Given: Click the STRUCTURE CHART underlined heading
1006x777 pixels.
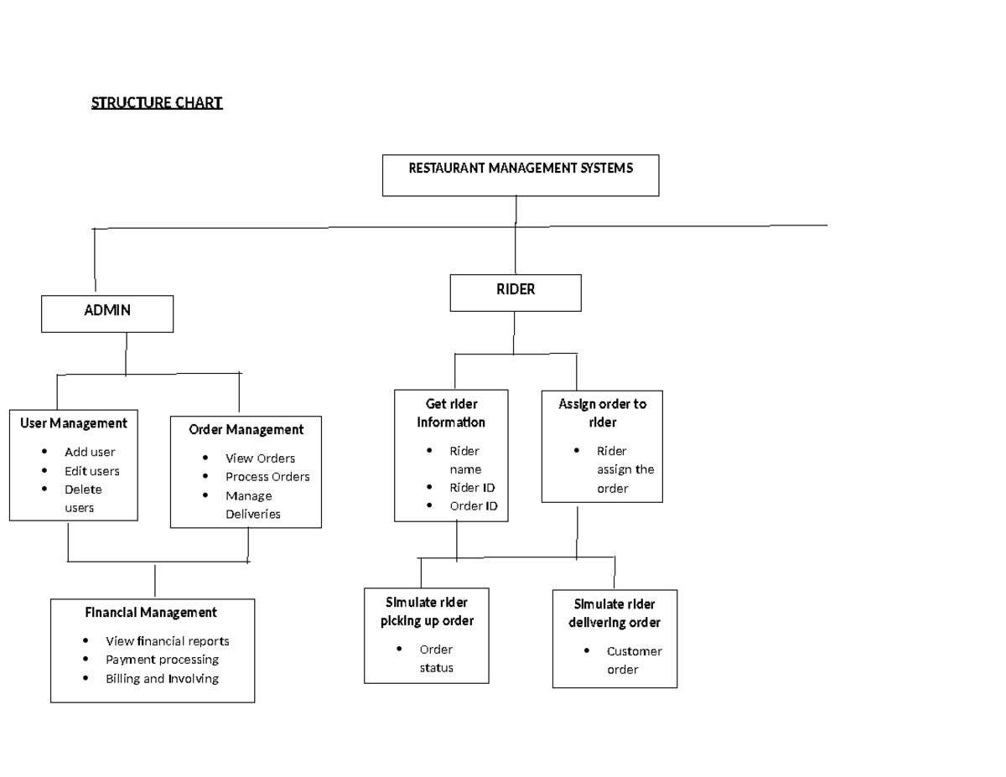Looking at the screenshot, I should [x=157, y=103].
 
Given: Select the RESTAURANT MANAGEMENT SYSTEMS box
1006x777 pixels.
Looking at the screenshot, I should [x=521, y=174].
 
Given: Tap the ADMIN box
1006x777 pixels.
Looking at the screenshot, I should [x=107, y=313].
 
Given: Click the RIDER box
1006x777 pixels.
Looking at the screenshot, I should [x=516, y=292].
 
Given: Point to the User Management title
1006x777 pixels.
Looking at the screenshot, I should [x=74, y=423].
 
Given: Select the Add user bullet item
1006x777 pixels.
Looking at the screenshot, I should [x=90, y=452].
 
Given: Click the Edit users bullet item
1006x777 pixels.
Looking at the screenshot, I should [x=92, y=471].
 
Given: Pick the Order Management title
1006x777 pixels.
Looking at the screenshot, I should [x=246, y=429].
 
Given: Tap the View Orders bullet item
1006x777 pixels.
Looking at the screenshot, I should [x=260, y=458].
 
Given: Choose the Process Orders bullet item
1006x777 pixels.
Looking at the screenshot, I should [x=267, y=476].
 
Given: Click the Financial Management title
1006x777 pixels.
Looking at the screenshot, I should [x=151, y=612].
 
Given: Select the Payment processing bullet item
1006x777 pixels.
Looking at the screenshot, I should [x=162, y=660].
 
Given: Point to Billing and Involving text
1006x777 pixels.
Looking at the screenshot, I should [x=162, y=678].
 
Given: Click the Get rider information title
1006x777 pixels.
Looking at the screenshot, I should [x=451, y=413].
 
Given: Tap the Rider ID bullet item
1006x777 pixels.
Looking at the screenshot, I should [x=467, y=487].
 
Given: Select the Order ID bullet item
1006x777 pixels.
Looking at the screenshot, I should [x=473, y=505].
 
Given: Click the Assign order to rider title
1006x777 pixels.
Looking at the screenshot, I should [x=602, y=413].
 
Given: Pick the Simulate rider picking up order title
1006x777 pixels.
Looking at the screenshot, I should [x=427, y=612].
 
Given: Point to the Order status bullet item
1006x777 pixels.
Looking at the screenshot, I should [x=436, y=659].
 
